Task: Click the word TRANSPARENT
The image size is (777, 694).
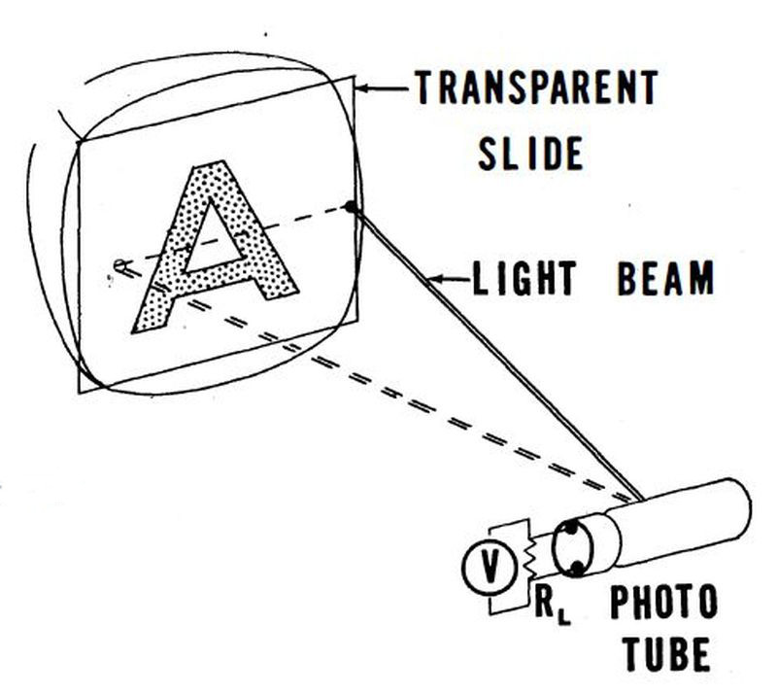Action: pos(537,87)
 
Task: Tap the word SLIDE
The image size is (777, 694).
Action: pos(530,154)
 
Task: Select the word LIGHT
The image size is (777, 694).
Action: pos(524,279)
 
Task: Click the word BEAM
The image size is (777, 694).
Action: pos(666,278)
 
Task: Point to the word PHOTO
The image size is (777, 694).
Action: pos(664,602)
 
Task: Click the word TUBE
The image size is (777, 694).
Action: pos(666,654)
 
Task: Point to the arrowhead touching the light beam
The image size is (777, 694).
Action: pos(435,280)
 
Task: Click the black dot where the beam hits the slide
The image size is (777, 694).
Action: pos(351,207)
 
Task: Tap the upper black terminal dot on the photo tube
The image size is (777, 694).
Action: pos(571,528)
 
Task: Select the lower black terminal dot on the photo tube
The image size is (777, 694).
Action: pos(576,569)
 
